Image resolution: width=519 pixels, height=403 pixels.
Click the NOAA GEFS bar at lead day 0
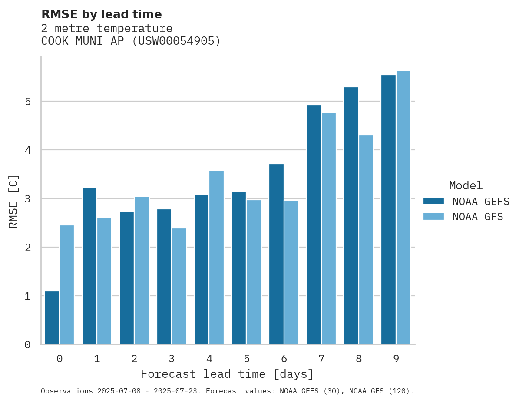click(52, 318)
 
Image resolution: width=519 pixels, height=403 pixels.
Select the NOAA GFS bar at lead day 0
click(67, 285)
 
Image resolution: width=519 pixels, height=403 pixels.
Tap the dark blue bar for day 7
click(314, 225)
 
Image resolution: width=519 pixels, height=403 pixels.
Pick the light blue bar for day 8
click(366, 240)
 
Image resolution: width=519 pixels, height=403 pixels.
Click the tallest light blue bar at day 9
click(403, 208)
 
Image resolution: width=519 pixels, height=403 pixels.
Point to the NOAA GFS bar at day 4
click(216, 257)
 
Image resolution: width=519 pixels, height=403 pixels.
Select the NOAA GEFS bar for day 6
click(276, 254)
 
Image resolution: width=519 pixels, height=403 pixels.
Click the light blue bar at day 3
click(179, 286)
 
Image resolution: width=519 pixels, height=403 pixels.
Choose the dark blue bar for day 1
click(89, 266)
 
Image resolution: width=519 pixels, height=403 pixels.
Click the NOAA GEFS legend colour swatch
click(433, 201)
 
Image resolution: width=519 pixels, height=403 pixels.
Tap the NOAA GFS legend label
click(478, 217)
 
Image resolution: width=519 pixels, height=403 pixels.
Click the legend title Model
click(466, 186)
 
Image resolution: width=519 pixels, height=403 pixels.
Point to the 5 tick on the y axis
click(27, 102)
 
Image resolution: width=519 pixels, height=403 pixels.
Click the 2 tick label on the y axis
click(27, 248)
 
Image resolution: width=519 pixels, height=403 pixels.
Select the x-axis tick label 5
click(247, 359)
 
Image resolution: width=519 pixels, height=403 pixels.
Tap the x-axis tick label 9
click(396, 359)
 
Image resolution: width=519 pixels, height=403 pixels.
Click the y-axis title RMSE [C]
click(14, 201)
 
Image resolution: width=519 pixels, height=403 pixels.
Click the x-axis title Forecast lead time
click(227, 374)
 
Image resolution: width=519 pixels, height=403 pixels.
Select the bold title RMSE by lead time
click(101, 14)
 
